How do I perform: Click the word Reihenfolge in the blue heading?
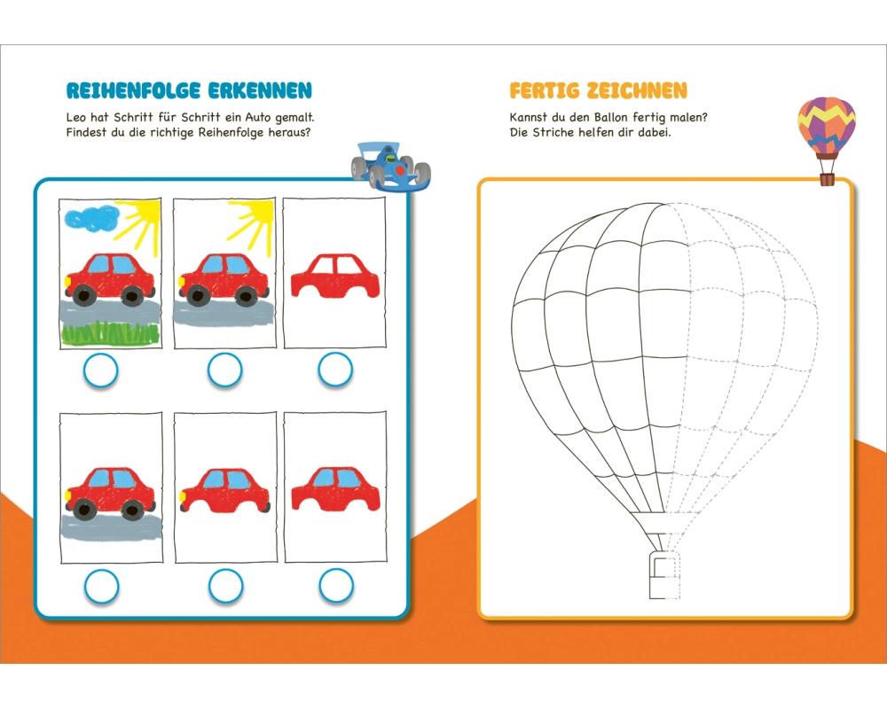pos(133,90)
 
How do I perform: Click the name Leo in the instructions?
pos(78,117)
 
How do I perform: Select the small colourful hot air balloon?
pos(826,129)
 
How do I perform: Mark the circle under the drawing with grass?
pos(100,371)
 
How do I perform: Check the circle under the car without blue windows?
pos(335,370)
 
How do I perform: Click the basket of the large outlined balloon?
pos(663,576)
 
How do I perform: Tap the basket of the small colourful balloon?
pos(827,179)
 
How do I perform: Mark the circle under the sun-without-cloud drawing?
pos(225,370)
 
